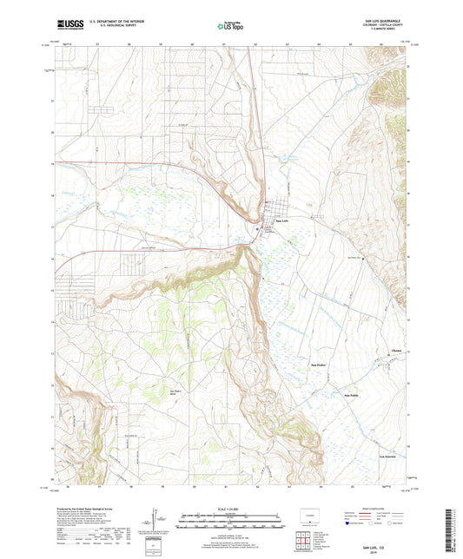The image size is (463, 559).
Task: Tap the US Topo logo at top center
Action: click(x=230, y=27)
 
